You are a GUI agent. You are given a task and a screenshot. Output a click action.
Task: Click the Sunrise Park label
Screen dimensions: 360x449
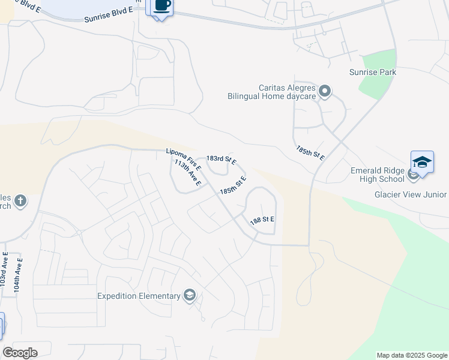(373, 73)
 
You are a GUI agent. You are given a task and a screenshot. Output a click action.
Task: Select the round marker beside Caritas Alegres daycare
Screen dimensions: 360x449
(325, 91)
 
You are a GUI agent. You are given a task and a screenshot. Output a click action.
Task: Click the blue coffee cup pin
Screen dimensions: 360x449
(161, 6)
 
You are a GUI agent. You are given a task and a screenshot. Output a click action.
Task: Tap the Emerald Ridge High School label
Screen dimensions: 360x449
(378, 175)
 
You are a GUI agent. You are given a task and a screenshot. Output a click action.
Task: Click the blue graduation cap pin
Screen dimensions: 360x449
(423, 163)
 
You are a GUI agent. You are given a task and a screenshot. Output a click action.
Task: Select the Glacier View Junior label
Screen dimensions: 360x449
(411, 194)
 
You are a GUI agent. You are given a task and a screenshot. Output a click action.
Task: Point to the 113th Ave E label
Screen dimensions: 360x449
(187, 172)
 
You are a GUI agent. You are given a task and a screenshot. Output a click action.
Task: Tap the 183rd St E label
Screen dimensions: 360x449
(221, 159)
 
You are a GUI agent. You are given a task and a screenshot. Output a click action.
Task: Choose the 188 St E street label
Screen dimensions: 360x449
(262, 220)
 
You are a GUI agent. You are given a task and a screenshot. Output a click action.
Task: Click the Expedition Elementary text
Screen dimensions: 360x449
(139, 296)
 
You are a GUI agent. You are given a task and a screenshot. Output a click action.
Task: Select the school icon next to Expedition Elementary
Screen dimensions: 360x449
(190, 295)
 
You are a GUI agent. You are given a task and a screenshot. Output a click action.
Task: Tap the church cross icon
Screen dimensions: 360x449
(20, 200)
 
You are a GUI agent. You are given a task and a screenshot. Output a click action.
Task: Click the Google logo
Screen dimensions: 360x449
(20, 353)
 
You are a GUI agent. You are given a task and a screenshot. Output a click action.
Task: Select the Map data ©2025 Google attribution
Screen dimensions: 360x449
(411, 355)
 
